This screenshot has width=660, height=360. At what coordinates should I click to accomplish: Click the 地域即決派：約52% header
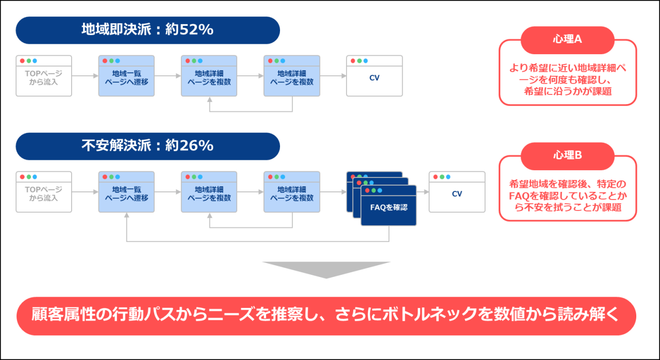tap(147, 30)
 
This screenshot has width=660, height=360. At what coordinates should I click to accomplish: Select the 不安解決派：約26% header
tap(147, 146)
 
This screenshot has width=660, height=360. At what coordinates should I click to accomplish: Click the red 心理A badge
tap(567, 40)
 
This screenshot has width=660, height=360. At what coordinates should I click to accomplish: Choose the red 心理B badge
tap(567, 156)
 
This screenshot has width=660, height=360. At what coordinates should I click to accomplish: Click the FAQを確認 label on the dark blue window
tap(389, 207)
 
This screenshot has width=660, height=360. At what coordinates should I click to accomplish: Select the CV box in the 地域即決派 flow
tap(374, 78)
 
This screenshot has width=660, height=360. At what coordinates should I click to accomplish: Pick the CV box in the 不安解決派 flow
tap(457, 194)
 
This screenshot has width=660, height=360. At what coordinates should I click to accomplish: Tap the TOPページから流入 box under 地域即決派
tap(44, 78)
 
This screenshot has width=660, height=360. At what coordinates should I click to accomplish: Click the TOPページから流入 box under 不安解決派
tap(44, 194)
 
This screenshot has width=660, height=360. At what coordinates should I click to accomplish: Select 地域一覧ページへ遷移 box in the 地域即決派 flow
tap(126, 78)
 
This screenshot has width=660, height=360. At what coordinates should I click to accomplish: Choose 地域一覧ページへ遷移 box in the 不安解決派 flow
tap(126, 194)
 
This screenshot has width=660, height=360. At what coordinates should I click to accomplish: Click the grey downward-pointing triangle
tap(326, 269)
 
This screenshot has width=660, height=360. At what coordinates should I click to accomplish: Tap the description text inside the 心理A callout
tap(567, 79)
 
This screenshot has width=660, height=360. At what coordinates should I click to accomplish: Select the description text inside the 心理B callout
tap(567, 195)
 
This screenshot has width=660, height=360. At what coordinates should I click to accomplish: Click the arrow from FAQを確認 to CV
tap(422, 192)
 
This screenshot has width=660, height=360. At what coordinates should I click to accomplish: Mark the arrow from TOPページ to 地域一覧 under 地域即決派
tap(85, 76)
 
